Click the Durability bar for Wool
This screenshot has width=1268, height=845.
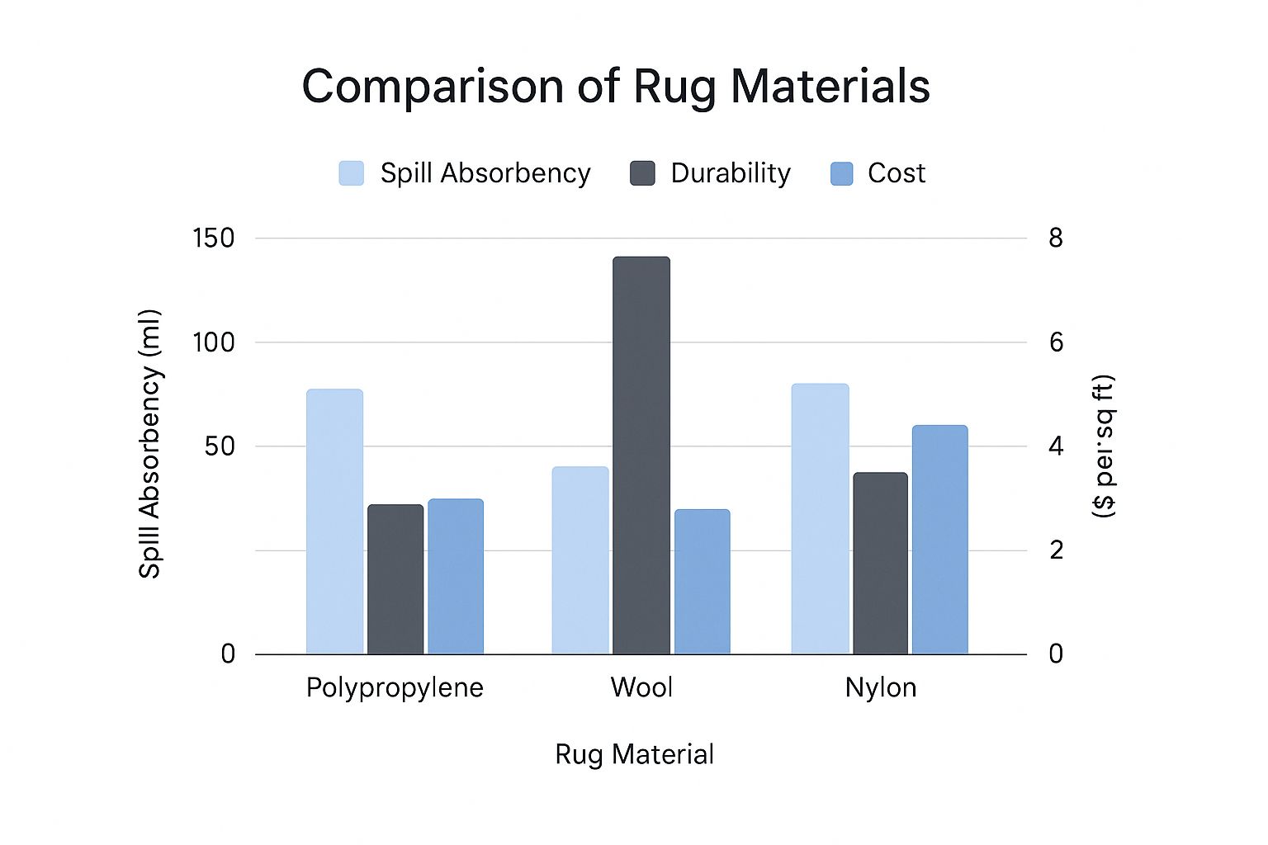tap(641, 456)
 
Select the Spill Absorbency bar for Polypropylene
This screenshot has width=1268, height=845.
tap(334, 522)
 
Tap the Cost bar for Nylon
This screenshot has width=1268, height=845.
tap(939, 540)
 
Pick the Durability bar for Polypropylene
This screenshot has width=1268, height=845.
tap(395, 579)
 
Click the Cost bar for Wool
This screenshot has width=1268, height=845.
tap(703, 582)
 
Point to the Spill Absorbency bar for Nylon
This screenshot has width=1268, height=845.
tap(820, 519)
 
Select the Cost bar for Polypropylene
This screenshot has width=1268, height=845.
tap(456, 576)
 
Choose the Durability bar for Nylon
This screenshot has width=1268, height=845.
tap(880, 564)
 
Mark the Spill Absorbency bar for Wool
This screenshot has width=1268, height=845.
tap(580, 560)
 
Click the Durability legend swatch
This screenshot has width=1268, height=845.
tap(642, 173)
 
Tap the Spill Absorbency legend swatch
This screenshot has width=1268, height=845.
tap(352, 173)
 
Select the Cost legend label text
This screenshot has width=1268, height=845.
tap(897, 173)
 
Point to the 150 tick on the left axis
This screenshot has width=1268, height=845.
tap(214, 238)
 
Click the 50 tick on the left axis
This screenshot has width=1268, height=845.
tap(220, 446)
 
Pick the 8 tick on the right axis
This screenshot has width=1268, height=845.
tap(1056, 238)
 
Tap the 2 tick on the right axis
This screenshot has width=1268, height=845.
tap(1056, 550)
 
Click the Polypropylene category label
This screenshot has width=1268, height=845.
tap(395, 688)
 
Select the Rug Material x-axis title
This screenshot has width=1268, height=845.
tap(634, 754)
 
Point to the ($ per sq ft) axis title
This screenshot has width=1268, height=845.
tap(1103, 446)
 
